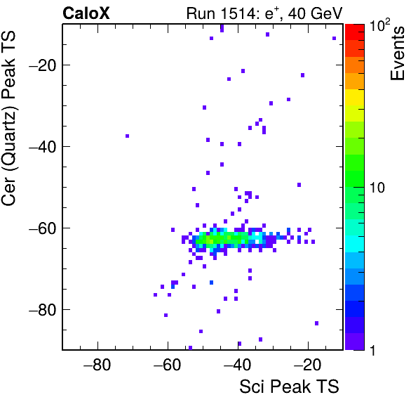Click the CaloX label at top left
pos(86,13)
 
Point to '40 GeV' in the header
pos(315,13)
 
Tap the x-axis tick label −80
pos(97,365)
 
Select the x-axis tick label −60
pos(168,365)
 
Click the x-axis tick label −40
pos(238,365)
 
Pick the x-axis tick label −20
pos(308,365)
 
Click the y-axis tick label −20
pos(42,65)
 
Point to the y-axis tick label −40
pos(42,146)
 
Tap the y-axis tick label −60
pos(42,228)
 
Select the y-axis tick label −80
pos(42,309)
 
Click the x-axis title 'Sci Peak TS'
pos(289,387)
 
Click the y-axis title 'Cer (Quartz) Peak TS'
pos(8,118)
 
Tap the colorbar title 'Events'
pos(397,53)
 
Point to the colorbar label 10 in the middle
pos(377,188)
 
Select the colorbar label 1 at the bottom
pos(373,350)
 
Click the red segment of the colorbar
pos(355,32)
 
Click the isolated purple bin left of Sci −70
pos(127,136)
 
